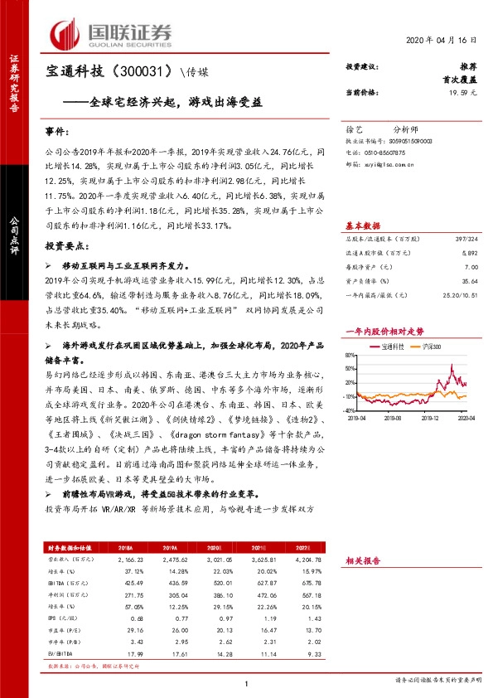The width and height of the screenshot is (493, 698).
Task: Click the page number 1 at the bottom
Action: [247, 682]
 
